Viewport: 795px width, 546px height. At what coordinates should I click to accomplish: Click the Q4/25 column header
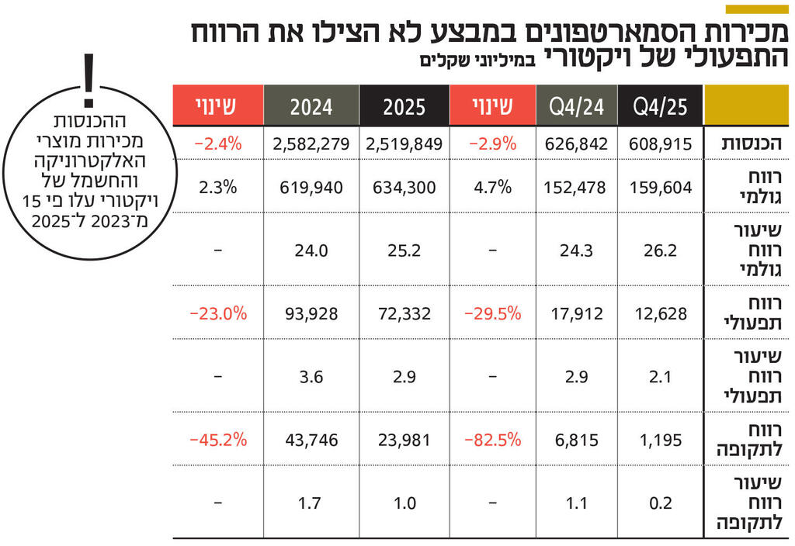(661, 106)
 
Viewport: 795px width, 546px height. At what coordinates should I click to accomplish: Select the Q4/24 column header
(576, 106)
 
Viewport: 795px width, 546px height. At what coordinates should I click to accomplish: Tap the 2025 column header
(404, 106)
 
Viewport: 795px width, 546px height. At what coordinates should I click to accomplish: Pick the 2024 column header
(311, 106)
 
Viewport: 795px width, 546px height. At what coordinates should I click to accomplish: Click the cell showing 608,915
(661, 144)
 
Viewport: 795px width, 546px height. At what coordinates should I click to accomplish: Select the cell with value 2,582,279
(311, 144)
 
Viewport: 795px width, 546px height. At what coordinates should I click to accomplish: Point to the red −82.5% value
(492, 440)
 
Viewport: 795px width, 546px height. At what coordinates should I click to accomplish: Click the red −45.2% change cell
(218, 440)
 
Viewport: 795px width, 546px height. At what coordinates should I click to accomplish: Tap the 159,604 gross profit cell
(661, 187)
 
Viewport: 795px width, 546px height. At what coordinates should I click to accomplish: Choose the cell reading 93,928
(311, 313)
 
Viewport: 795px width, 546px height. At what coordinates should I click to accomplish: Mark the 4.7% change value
(492, 187)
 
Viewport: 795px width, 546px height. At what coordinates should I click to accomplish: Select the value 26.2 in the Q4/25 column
(661, 251)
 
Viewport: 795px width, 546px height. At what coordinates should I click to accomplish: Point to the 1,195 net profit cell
(661, 440)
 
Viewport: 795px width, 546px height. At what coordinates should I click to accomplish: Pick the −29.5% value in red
(492, 313)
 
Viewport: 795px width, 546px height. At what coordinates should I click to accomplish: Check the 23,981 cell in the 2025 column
(404, 440)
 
